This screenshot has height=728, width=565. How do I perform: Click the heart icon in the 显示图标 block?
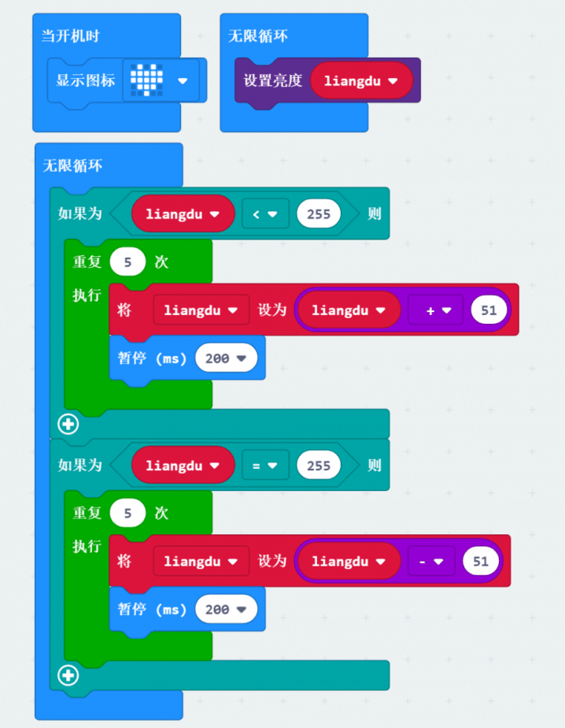(x=146, y=80)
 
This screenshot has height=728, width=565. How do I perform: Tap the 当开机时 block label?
(x=70, y=36)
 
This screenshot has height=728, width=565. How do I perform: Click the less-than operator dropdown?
(x=265, y=214)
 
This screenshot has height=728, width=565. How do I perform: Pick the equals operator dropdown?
(x=265, y=465)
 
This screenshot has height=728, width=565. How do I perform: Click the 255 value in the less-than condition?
(x=319, y=214)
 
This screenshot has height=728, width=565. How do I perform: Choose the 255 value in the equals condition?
(x=319, y=465)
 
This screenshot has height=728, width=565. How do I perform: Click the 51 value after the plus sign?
(x=489, y=310)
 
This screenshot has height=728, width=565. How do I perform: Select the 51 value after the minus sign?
(x=481, y=561)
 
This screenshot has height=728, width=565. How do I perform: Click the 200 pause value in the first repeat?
(x=225, y=358)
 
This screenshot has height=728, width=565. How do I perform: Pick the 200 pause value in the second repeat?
(x=225, y=609)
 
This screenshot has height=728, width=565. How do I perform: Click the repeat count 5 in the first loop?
(x=127, y=261)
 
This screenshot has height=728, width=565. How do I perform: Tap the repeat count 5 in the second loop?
(x=127, y=513)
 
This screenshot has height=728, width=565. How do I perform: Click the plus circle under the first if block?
(x=68, y=425)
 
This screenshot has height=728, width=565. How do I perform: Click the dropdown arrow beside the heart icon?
(x=183, y=80)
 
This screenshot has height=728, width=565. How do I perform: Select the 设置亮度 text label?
(x=272, y=80)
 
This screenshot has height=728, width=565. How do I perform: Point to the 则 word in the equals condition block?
(x=374, y=465)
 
